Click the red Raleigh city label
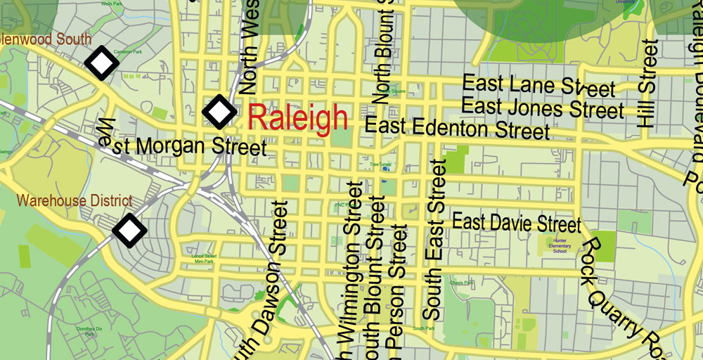point(298,117)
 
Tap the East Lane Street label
point(538,86)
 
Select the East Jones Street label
point(543,108)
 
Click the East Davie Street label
point(517,223)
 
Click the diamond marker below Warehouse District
point(129,229)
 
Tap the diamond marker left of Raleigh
point(219,112)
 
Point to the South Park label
point(424,328)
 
